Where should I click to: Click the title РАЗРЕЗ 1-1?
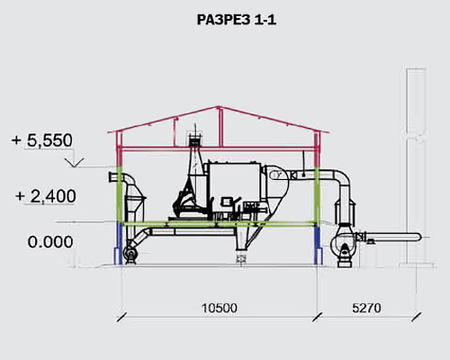(x=237, y=20)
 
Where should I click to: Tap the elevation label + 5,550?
(x=42, y=140)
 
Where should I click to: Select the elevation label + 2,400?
(x=46, y=196)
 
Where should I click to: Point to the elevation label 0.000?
(x=50, y=242)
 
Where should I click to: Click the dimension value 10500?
(x=220, y=308)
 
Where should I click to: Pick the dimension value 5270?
(x=366, y=308)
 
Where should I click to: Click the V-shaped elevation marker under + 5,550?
(x=75, y=162)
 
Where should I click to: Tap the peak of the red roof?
(x=219, y=106)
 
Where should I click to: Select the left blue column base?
(x=120, y=244)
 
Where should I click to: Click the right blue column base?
(x=317, y=245)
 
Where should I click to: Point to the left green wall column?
(x=120, y=194)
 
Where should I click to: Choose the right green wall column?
(x=317, y=196)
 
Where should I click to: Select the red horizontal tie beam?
(x=219, y=148)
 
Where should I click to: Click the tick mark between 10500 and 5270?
(x=317, y=317)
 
